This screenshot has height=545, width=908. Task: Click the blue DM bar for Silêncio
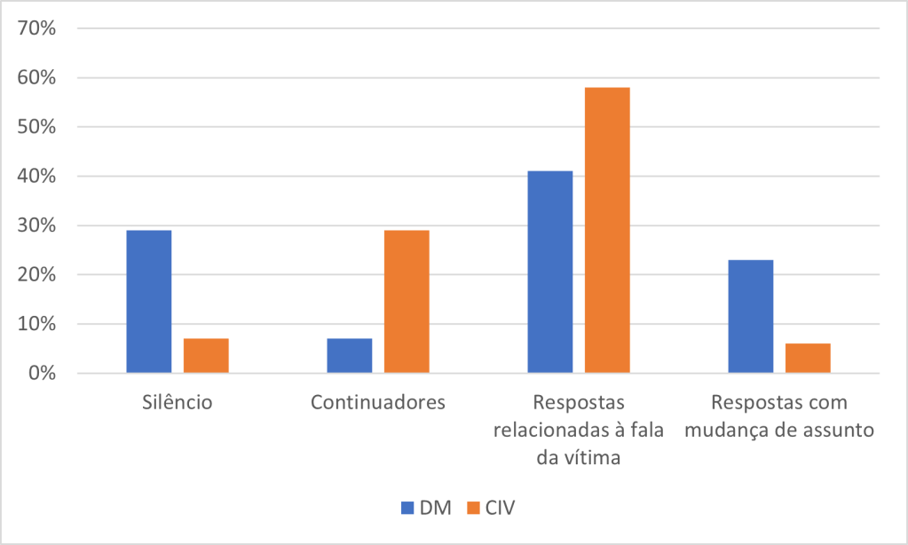tap(149, 302)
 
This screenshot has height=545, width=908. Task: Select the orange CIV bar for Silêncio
tap(206, 355)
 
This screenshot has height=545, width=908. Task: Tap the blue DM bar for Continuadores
tap(350, 355)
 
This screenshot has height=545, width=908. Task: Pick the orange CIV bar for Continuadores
tap(407, 302)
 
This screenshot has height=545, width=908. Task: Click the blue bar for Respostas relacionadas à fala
tap(550, 272)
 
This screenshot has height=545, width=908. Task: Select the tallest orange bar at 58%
tap(607, 230)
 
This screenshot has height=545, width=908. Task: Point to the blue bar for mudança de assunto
tap(751, 316)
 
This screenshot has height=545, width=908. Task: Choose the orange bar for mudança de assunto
tap(808, 358)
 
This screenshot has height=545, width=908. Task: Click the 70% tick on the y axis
tap(37, 28)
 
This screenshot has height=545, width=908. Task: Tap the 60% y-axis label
tap(37, 78)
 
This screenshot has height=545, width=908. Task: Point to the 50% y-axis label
tap(37, 127)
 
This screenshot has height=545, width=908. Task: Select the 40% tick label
tap(37, 177)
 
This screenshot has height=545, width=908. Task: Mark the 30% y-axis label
tap(37, 225)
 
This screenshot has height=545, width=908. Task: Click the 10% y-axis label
tap(37, 324)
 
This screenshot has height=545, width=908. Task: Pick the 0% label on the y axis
tap(43, 374)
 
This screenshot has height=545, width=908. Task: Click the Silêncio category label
tap(178, 402)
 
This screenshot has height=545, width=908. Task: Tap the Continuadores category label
tap(378, 402)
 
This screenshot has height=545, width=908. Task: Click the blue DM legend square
tap(407, 508)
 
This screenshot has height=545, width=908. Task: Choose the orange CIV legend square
tap(473, 508)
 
